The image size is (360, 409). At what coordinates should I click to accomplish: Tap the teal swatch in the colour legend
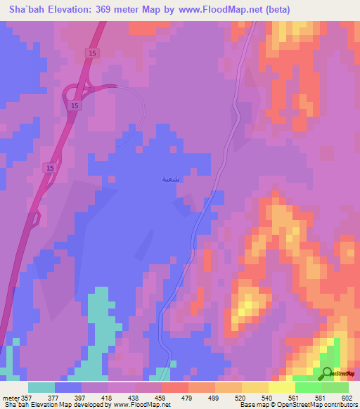(41, 387)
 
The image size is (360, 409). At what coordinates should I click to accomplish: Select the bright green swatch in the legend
(308, 387)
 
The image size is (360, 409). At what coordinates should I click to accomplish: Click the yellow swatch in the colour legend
(255, 387)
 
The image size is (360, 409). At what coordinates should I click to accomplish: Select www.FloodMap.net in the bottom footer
(141, 403)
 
